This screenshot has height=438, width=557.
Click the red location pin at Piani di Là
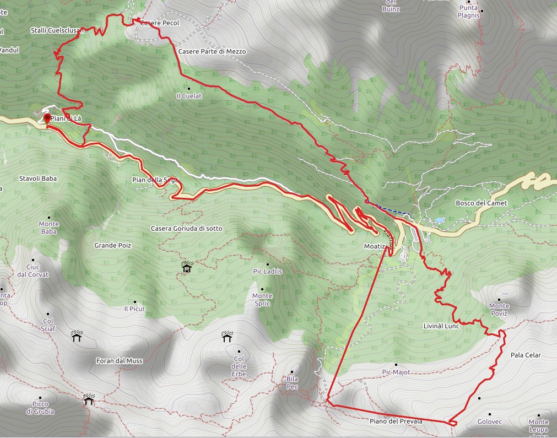(x=47, y=117)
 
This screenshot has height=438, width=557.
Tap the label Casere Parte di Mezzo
(x=212, y=51)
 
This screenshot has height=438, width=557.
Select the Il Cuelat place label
(x=189, y=96)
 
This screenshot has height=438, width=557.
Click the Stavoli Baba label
(x=38, y=179)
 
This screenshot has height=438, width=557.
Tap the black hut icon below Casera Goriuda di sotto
(x=187, y=268)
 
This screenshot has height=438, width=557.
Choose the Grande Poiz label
(x=112, y=245)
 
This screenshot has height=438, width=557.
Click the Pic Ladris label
(x=267, y=271)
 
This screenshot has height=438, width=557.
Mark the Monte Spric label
(x=262, y=300)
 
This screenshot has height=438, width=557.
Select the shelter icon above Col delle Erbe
(x=226, y=336)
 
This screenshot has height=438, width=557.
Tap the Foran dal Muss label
(x=119, y=361)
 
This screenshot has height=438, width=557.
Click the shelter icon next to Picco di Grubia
(x=88, y=399)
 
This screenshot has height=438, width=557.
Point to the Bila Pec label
(x=292, y=382)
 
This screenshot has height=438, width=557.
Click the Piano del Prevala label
(x=396, y=421)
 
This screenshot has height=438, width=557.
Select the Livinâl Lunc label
(x=441, y=326)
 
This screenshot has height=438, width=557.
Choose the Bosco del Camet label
(x=481, y=203)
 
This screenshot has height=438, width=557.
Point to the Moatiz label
(x=374, y=245)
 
